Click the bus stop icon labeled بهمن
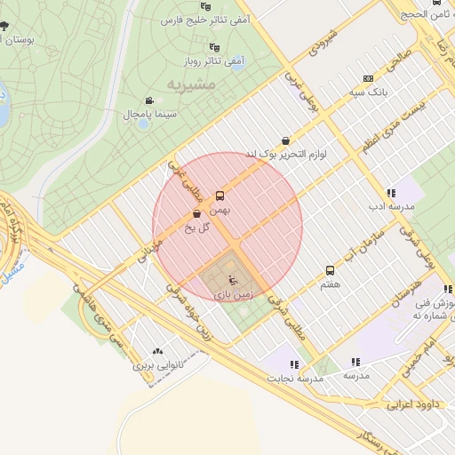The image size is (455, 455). [220, 196]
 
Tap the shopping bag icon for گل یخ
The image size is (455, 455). [196, 213]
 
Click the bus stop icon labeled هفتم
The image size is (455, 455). [331, 270]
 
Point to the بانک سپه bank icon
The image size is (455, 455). [369, 78]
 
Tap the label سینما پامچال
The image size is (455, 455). [150, 115]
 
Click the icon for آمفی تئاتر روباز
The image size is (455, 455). [213, 47]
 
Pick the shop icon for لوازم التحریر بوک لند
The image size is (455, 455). [284, 140]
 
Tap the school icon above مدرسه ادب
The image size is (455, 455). [390, 193]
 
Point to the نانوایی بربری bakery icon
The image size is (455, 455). [158, 351]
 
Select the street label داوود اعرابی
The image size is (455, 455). [408, 405]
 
